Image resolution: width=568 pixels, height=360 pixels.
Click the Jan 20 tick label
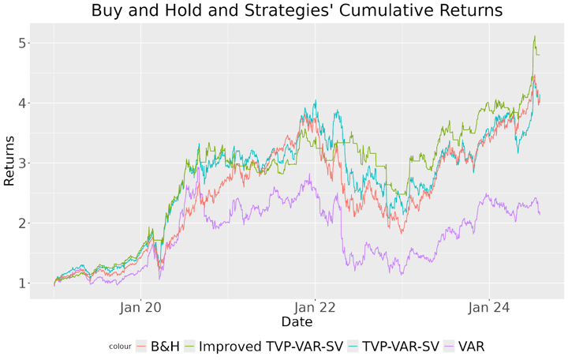[x=140, y=308]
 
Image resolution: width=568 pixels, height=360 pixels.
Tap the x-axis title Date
[x=297, y=322]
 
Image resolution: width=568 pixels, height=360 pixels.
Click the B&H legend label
[x=166, y=346]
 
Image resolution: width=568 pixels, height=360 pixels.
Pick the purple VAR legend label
[x=471, y=346]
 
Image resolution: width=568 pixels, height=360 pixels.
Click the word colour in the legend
[x=120, y=347]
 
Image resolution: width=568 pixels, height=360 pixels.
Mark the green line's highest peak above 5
[x=535, y=36]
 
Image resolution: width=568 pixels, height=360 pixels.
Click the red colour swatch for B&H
[x=142, y=346]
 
